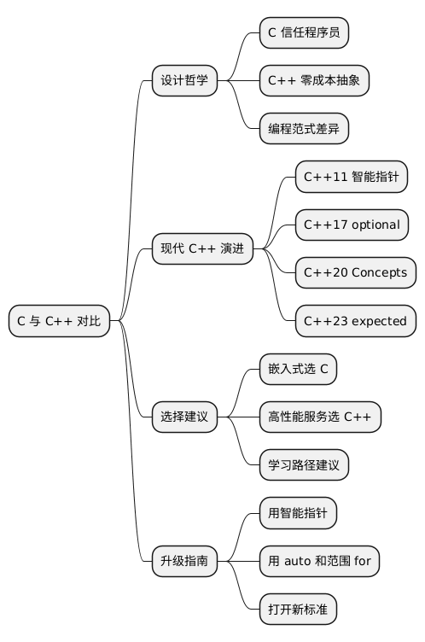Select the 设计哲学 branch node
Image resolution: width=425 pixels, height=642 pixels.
(x=183, y=81)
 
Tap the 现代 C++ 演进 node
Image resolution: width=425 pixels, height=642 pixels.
(x=202, y=248)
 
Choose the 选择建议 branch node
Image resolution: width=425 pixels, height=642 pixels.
(x=183, y=417)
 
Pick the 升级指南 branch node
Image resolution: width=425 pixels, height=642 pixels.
(x=183, y=562)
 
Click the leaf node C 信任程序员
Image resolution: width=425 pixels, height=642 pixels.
(x=304, y=32)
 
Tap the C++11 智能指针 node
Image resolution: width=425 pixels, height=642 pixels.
(x=351, y=178)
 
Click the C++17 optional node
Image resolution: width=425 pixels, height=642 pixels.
(x=352, y=225)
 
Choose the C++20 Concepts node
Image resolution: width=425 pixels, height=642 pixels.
(x=356, y=273)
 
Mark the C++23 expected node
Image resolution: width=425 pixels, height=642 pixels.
(x=356, y=321)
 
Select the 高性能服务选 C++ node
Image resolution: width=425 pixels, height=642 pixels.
(x=320, y=417)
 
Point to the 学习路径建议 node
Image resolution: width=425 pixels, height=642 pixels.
(x=304, y=465)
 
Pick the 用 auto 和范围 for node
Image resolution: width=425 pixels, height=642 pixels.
(x=319, y=562)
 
